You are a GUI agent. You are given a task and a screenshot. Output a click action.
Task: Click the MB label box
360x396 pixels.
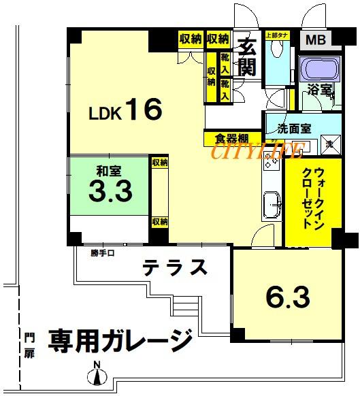coord(315,39)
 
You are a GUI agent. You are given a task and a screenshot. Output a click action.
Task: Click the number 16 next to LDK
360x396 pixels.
coord(142,110)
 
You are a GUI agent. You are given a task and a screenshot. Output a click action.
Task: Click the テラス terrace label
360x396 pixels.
coord(175,267)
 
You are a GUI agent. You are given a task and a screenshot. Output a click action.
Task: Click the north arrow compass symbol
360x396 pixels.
coord(97,374)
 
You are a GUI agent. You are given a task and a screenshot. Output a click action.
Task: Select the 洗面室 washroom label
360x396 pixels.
coord(293,129)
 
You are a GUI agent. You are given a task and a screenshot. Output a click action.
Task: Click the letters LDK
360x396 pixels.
coord(105,114)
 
